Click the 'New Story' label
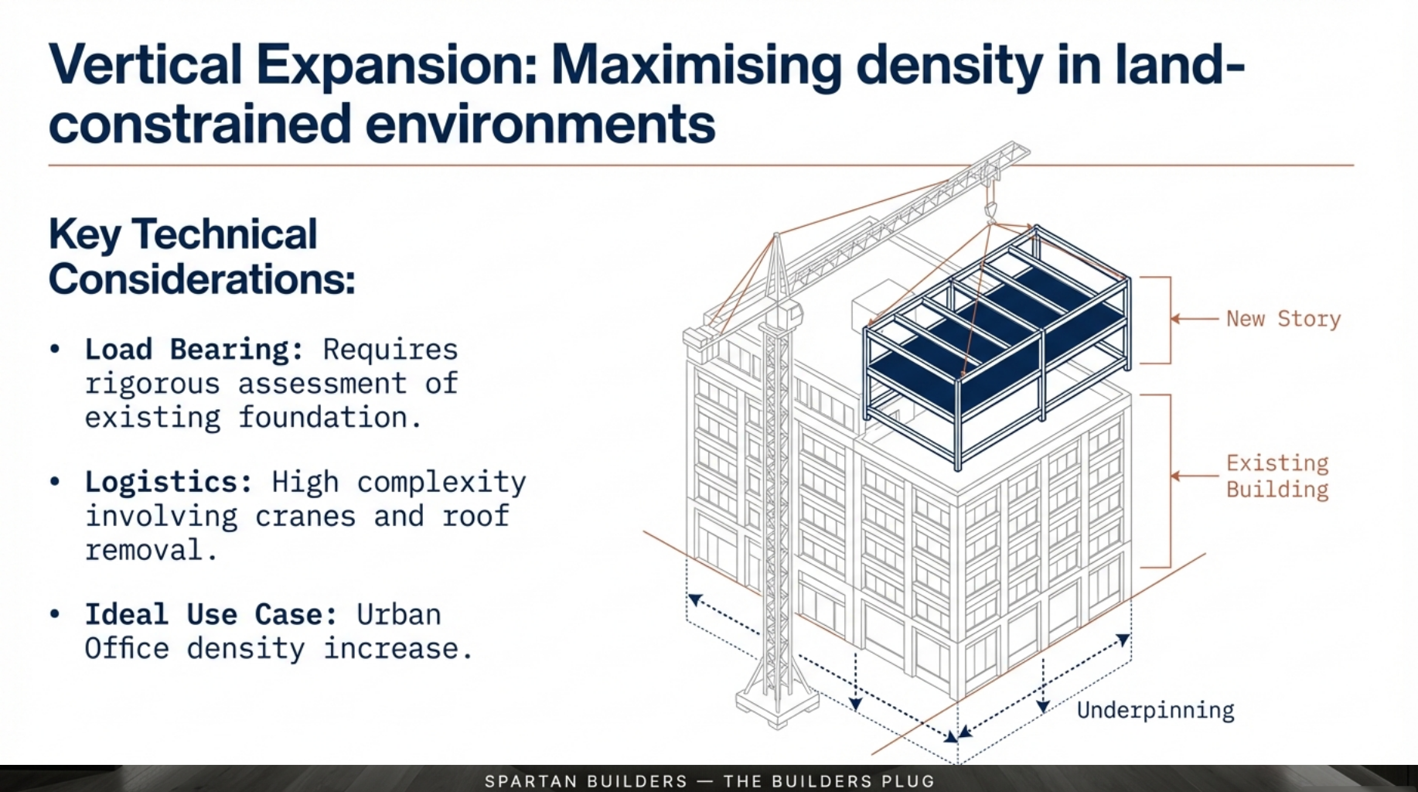click(x=1283, y=319)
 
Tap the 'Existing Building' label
click(x=1277, y=476)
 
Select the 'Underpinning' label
click(x=1155, y=710)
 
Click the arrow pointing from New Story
click(x=1194, y=319)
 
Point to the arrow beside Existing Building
click(x=1194, y=476)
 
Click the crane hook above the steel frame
click(x=990, y=210)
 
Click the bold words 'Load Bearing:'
click(x=194, y=350)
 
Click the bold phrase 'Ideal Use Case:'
click(x=211, y=615)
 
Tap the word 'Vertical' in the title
click(x=145, y=65)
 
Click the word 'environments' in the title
click(x=540, y=125)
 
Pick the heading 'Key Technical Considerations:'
click(x=201, y=257)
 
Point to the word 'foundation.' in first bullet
click(x=330, y=418)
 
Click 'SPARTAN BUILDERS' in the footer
click(x=586, y=781)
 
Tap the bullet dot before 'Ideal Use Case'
click(x=54, y=614)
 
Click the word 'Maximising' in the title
click(x=696, y=65)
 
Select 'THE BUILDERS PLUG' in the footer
click(x=829, y=781)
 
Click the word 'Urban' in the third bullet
click(x=398, y=615)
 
